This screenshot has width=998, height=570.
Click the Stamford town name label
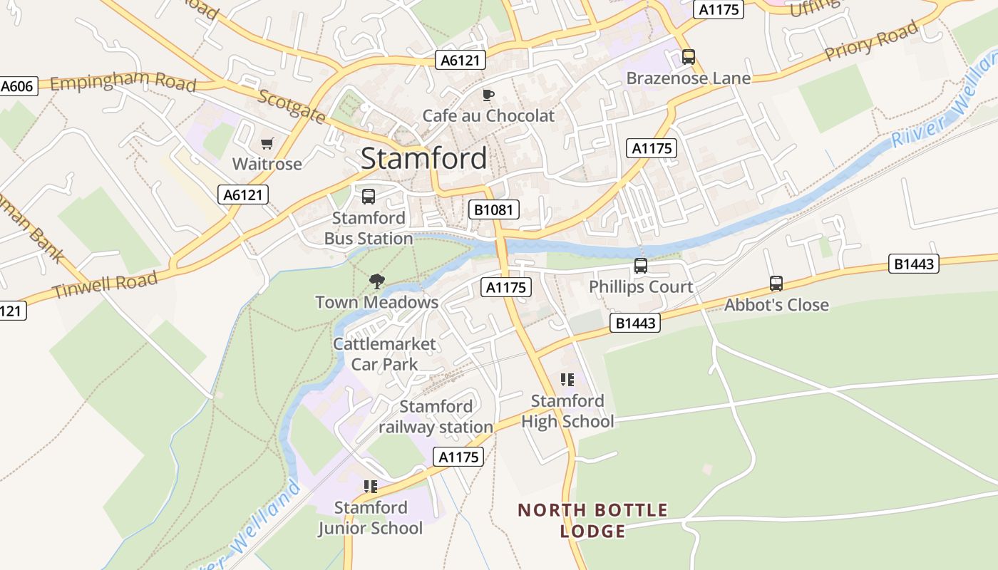tap(423, 158)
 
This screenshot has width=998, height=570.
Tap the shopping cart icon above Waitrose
tap(267, 144)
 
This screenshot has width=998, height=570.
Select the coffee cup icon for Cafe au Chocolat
tap(488, 95)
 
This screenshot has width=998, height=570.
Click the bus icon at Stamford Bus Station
tap(369, 196)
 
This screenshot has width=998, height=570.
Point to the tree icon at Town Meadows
tap(376, 281)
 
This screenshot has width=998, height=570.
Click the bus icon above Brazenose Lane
tap(688, 56)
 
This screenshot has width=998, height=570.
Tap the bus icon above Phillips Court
tap(640, 266)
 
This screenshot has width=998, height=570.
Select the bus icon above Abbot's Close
tap(776, 284)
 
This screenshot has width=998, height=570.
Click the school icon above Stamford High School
tap(567, 379)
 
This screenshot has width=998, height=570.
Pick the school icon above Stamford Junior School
tap(370, 487)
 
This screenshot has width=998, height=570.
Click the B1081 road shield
tap(493, 209)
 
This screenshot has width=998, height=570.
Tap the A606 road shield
tap(16, 86)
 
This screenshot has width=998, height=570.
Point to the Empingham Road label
tap(123, 82)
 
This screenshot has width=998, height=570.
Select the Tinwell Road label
tap(105, 285)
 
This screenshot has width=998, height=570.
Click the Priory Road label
tap(870, 41)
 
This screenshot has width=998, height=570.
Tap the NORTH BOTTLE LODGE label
tap(592, 520)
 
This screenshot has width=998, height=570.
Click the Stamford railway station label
tap(436, 417)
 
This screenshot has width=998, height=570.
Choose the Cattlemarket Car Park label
tap(384, 354)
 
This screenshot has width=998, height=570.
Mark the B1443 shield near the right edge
tap(914, 264)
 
